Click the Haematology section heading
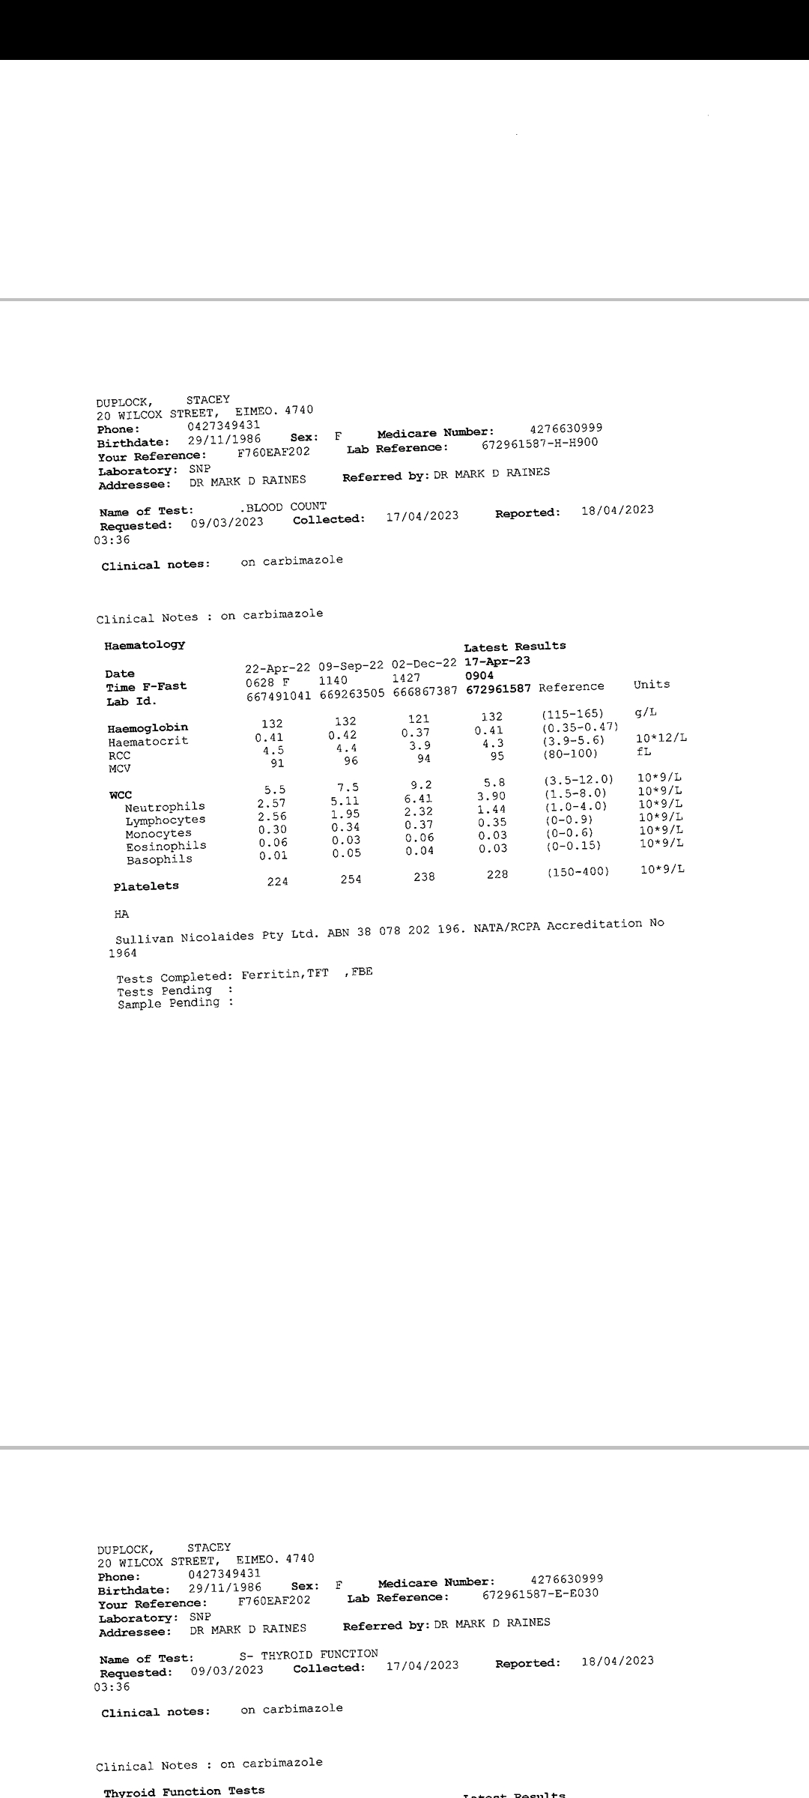point(145,645)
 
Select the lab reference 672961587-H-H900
point(539,444)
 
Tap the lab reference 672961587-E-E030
point(540,1593)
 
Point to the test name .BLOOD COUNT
point(282,507)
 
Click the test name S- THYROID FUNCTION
point(309,1654)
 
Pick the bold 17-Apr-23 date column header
point(497,662)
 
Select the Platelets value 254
point(351,880)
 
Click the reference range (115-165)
point(572,714)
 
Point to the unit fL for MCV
point(644,751)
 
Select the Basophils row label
point(159,860)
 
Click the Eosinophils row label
point(166,847)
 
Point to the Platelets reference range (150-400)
point(578,872)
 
